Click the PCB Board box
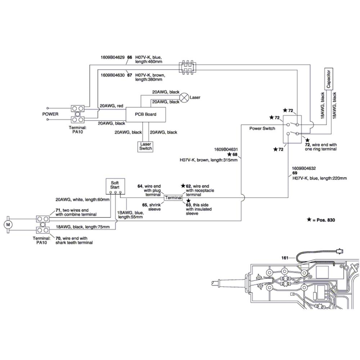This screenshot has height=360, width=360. coord(145,114)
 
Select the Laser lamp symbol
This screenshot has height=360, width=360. coord(184,98)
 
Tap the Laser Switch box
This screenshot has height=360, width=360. coord(145,147)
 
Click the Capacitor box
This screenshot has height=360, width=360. coord(329,79)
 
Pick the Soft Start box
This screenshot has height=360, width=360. coord(115,186)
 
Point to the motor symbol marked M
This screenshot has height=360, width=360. coord(8,225)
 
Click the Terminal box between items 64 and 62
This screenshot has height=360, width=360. coord(174,198)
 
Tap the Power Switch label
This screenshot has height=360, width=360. coord(262,129)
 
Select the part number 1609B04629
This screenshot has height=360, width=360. coord(112,57)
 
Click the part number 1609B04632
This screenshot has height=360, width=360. coord(304,168)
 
